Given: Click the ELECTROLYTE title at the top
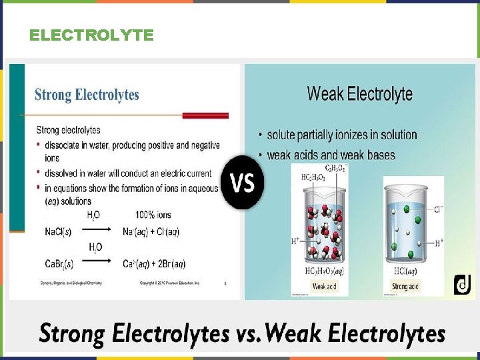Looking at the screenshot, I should [91, 35].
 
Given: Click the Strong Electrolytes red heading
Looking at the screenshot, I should [87, 95].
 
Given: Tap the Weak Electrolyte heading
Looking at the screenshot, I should [359, 93].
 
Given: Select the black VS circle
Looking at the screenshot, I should [242, 183].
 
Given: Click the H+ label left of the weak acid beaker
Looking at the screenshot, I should [295, 241].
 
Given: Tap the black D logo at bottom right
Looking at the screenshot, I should [462, 285].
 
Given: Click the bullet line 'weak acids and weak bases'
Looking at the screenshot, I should [331, 155].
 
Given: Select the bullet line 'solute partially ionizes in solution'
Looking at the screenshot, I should [341, 135].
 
